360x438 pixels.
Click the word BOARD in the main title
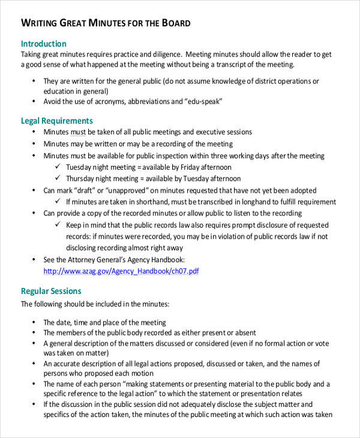(176, 23)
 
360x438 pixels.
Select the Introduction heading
(43, 44)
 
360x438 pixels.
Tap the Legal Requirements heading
(57, 121)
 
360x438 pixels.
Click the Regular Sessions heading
(51, 291)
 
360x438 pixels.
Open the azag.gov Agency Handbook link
(121, 271)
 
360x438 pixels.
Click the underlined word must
(79, 132)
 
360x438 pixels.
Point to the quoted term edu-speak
(202, 102)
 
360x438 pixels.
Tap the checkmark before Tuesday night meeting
(58, 167)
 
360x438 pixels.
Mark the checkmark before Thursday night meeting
(58, 179)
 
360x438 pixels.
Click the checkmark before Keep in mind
(58, 225)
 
